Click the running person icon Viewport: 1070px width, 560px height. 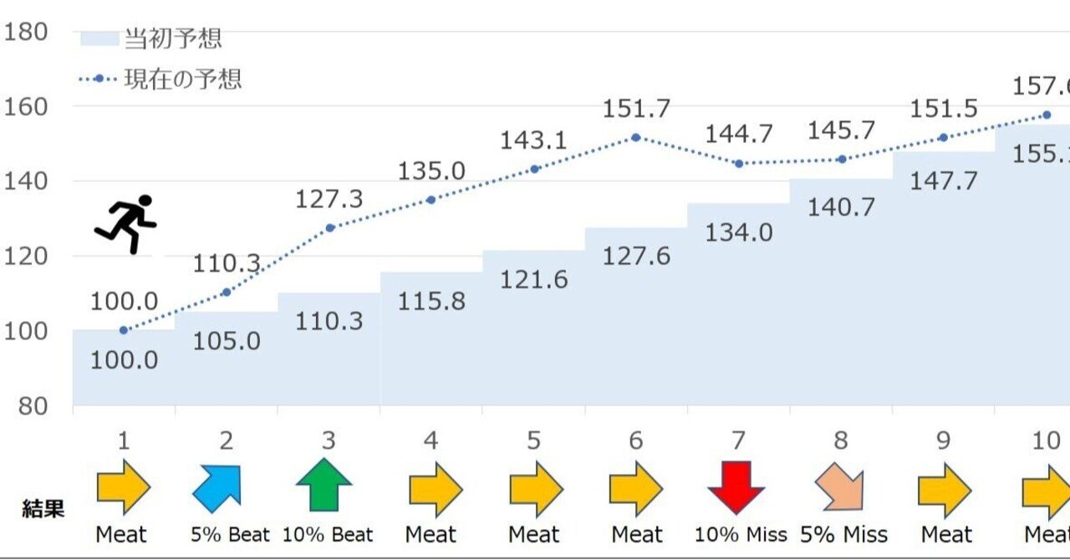click(x=126, y=224)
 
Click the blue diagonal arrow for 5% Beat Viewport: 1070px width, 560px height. click(x=217, y=487)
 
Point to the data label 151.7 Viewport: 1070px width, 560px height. click(x=635, y=109)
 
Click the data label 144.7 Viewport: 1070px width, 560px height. click(x=739, y=135)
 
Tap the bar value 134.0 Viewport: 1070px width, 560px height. click(x=738, y=233)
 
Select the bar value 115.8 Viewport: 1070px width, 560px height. click(x=431, y=300)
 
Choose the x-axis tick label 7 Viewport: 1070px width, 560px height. click(x=738, y=440)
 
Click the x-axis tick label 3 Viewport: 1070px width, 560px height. click(x=329, y=440)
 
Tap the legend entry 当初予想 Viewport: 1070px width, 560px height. click(x=172, y=38)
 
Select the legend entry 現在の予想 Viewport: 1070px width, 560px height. click(x=183, y=79)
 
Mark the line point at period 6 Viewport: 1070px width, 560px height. click(x=636, y=137)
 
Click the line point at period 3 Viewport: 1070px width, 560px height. click(x=329, y=227)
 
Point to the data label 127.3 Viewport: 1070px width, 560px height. click(x=329, y=201)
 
